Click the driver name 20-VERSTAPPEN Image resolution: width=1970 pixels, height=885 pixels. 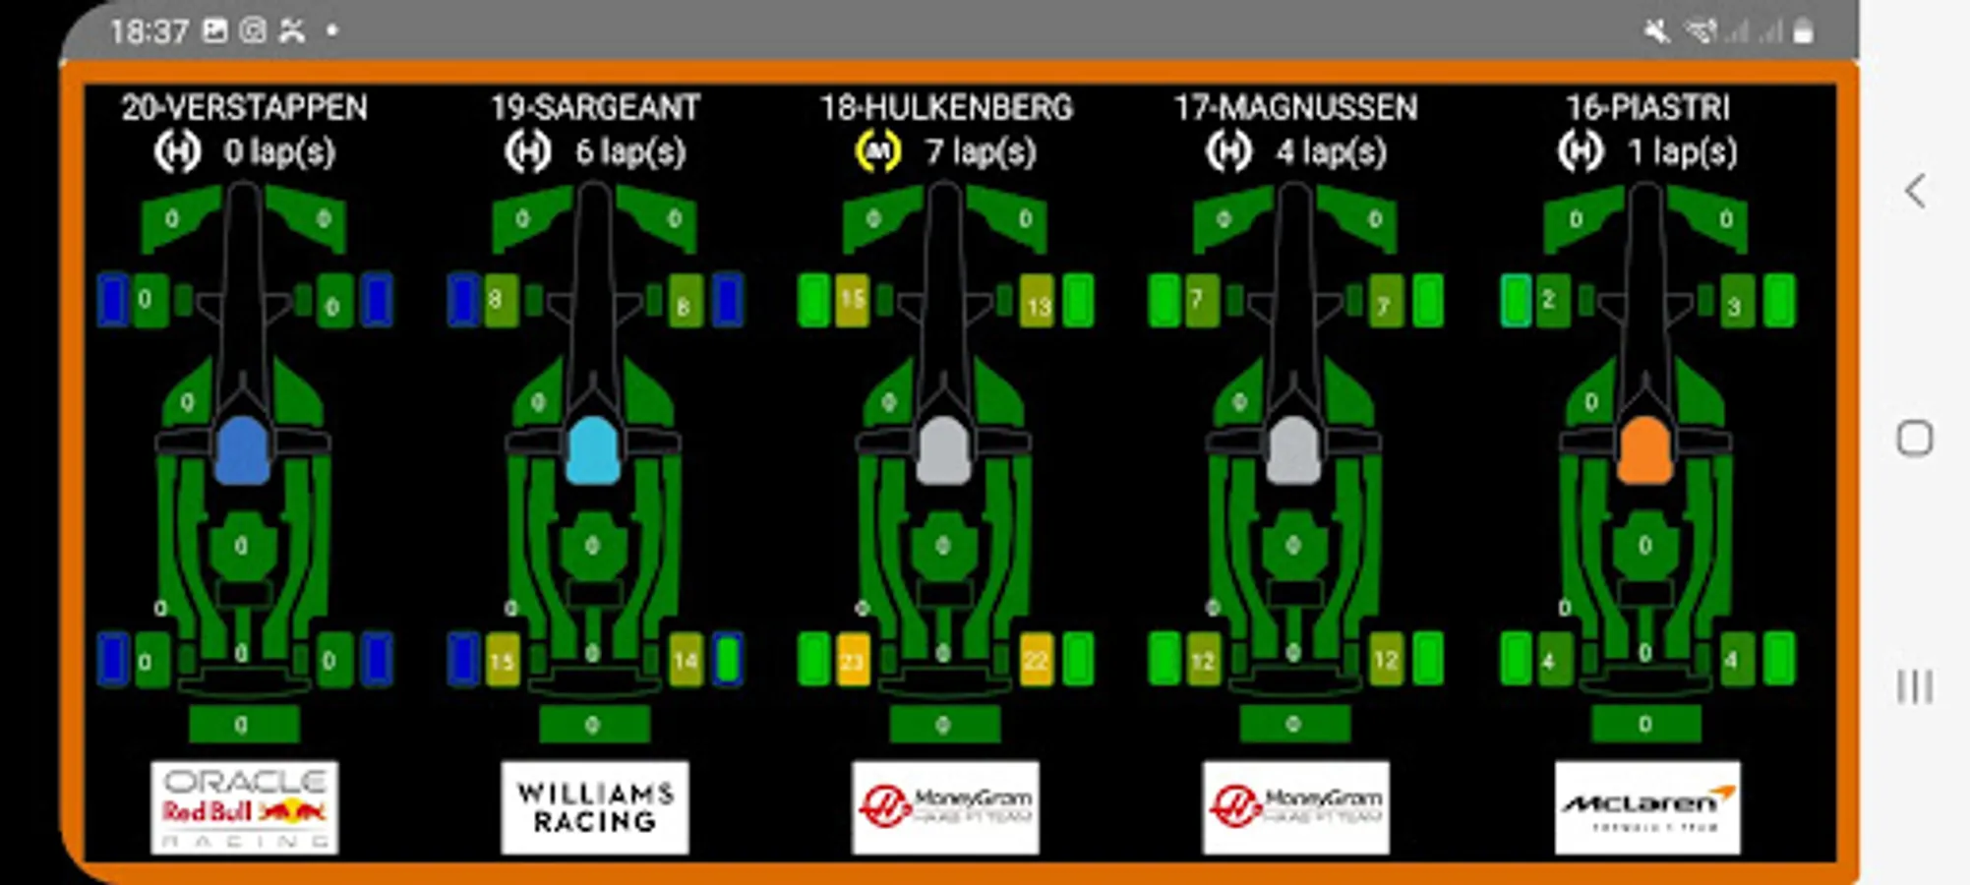[x=244, y=107]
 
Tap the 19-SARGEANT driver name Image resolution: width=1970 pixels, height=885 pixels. [x=595, y=107]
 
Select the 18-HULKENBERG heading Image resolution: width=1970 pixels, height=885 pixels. [x=946, y=107]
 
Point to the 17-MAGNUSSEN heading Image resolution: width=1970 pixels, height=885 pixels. [x=1295, y=107]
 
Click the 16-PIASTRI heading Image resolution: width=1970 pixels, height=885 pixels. [x=1647, y=107]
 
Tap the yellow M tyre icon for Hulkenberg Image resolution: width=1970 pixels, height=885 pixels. [x=877, y=151]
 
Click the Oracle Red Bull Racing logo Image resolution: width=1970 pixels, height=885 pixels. [x=244, y=807]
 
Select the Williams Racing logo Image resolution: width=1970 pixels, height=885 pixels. [x=595, y=807]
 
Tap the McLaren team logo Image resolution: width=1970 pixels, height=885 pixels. [x=1647, y=807]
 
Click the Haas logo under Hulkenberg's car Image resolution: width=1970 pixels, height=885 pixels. [x=945, y=807]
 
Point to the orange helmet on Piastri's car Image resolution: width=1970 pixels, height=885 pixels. [x=1644, y=450]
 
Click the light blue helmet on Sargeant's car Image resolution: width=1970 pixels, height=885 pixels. [x=593, y=450]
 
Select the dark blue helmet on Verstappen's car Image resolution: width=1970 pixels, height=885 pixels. [x=242, y=450]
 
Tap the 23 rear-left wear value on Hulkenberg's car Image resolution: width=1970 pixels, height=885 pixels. [x=853, y=661]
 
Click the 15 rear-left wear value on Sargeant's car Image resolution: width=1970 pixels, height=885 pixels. [x=502, y=661]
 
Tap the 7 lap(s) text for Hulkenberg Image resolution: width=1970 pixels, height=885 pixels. [x=981, y=151]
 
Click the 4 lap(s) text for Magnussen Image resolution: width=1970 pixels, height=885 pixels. [x=1332, y=151]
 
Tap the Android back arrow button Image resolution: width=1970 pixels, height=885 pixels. [x=1915, y=191]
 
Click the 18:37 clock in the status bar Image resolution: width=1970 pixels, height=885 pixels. [x=149, y=31]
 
